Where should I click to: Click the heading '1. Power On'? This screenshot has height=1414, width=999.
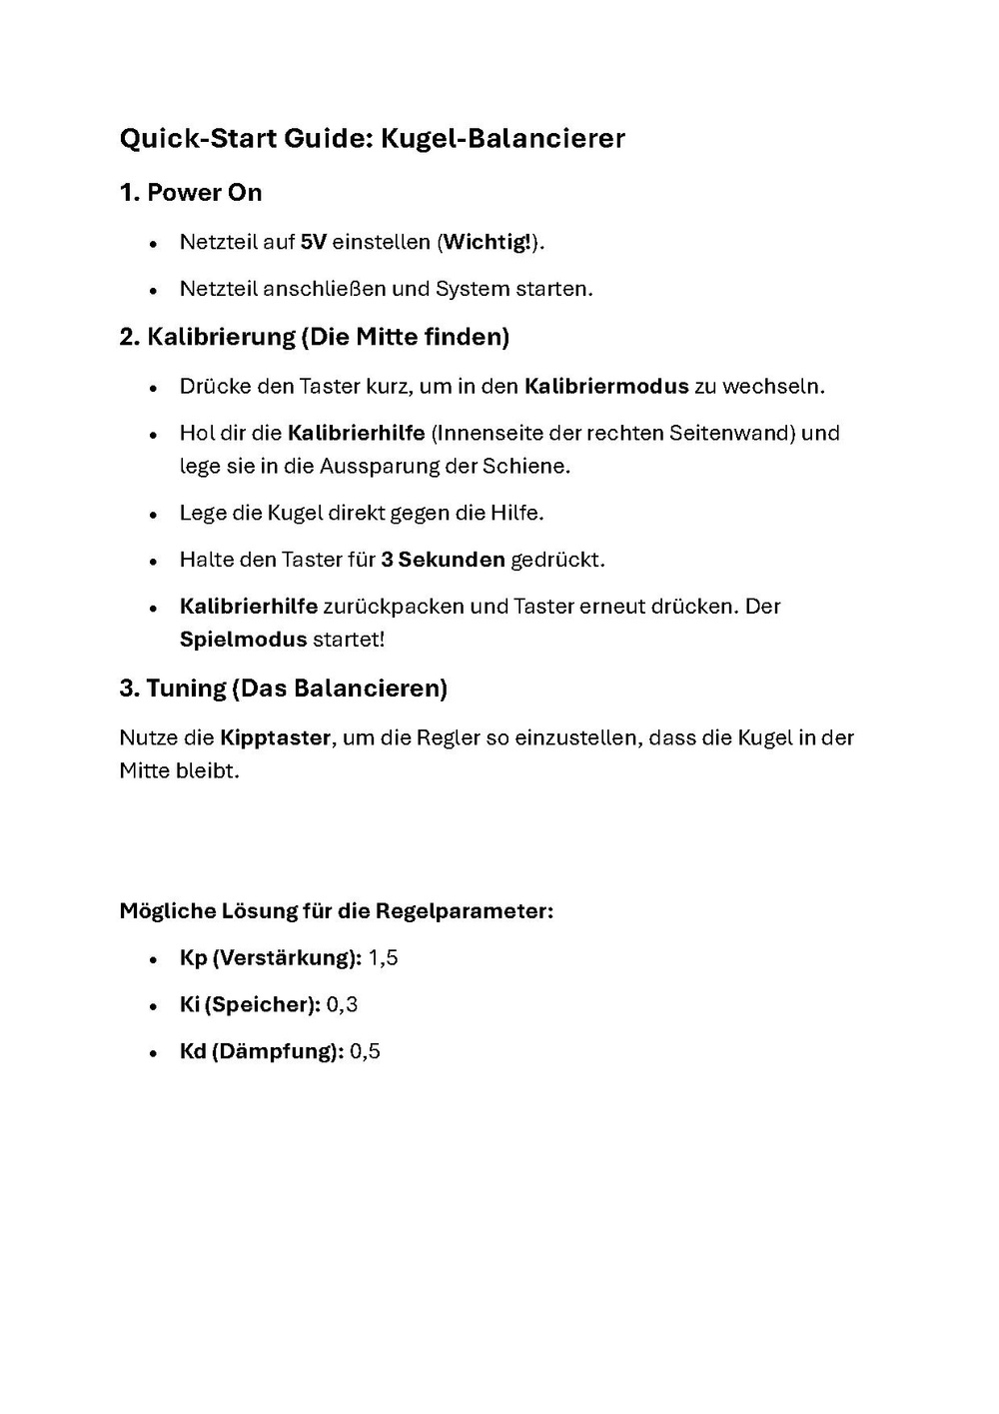191,192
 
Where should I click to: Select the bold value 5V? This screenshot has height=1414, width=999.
314,242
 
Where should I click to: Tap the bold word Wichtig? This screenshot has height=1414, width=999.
487,242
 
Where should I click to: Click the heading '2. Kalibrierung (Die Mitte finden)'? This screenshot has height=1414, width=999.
315,337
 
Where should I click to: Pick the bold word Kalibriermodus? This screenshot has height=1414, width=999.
606,386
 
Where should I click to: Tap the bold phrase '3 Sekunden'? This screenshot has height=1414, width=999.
443,560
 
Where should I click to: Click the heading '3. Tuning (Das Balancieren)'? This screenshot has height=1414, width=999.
284,688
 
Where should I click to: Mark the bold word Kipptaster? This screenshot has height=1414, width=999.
275,738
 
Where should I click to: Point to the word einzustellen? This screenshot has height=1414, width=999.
575,738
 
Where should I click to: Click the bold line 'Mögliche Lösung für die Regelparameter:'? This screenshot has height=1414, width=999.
337,911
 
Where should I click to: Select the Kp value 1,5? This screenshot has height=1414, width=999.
383,958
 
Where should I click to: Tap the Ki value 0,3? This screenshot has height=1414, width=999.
342,1004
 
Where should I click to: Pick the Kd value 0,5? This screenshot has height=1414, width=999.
365,1051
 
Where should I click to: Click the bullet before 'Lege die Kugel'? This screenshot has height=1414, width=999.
153,515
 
